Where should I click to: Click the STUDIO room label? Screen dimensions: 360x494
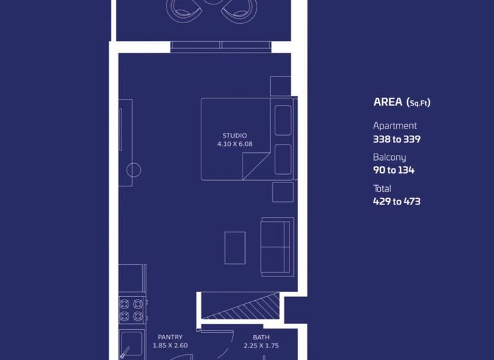coord(235,136)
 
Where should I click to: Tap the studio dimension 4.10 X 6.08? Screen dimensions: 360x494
coord(235,144)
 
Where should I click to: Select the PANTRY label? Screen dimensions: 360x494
coord(170,337)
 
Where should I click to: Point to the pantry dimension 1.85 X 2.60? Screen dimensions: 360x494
coord(170,346)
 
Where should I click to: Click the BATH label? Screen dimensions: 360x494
coord(261,337)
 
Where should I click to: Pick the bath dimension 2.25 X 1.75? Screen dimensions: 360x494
coord(261,346)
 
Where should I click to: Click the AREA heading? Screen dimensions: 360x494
coord(388,102)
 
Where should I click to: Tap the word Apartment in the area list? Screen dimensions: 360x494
coord(395,126)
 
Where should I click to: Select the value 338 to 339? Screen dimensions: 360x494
coord(397,139)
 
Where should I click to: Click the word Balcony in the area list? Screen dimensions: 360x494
coord(390,157)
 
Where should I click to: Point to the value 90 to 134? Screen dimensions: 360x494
coord(394,170)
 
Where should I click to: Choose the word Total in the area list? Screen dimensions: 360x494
coord(382,189)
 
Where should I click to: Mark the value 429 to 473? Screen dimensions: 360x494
coord(397,201)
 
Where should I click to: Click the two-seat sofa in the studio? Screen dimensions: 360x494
coord(275,247)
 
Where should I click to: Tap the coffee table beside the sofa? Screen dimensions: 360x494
coord(235,248)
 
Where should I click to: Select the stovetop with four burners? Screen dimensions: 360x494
coord(131,309)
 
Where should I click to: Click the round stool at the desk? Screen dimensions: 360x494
coord(133,170)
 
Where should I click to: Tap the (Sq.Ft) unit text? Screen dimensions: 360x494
coord(419,102)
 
